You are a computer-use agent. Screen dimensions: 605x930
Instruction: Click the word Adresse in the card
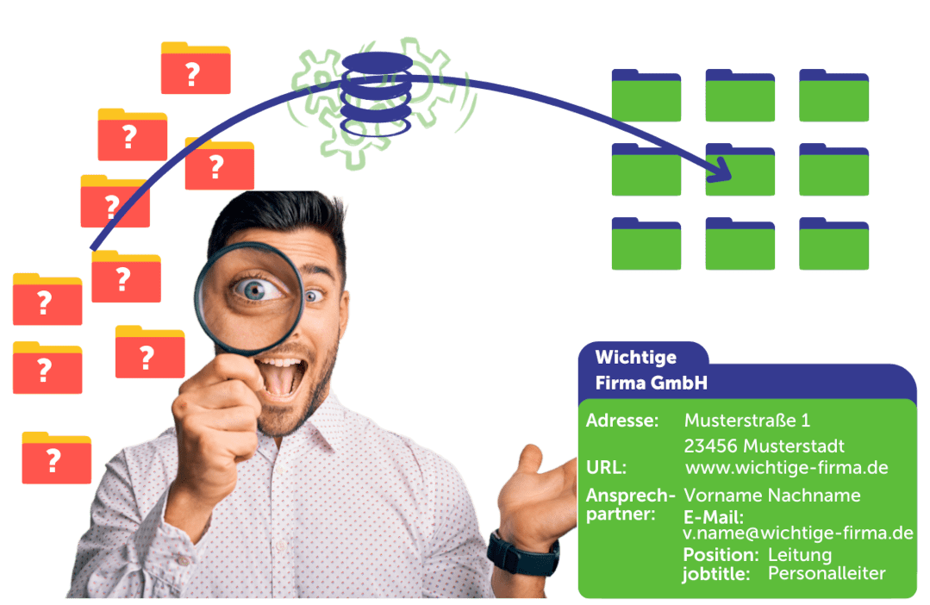pyautogui.click(x=621, y=421)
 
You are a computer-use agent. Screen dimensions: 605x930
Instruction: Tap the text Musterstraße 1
pyautogui.click(x=746, y=421)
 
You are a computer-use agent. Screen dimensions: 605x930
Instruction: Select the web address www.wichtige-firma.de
pyautogui.click(x=786, y=468)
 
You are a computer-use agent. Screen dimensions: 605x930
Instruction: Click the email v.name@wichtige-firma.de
pyautogui.click(x=797, y=533)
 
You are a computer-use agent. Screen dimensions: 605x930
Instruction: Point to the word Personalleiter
pyautogui.click(x=827, y=573)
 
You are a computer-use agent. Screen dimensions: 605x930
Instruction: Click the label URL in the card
pyautogui.click(x=606, y=468)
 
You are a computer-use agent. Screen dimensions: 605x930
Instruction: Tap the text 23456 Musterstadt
pyautogui.click(x=764, y=446)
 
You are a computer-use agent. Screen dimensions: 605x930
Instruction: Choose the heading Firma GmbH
pyautogui.click(x=651, y=383)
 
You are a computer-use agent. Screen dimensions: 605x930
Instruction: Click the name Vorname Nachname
pyautogui.click(x=771, y=496)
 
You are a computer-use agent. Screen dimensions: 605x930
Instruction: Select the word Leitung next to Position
pyautogui.click(x=799, y=554)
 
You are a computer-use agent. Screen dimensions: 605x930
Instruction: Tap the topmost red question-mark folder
pyautogui.click(x=195, y=69)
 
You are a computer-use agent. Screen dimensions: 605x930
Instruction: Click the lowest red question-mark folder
pyautogui.click(x=56, y=458)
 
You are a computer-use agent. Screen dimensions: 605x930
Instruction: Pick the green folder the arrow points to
pyautogui.click(x=740, y=170)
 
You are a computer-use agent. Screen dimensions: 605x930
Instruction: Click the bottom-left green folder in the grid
pyautogui.click(x=646, y=244)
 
